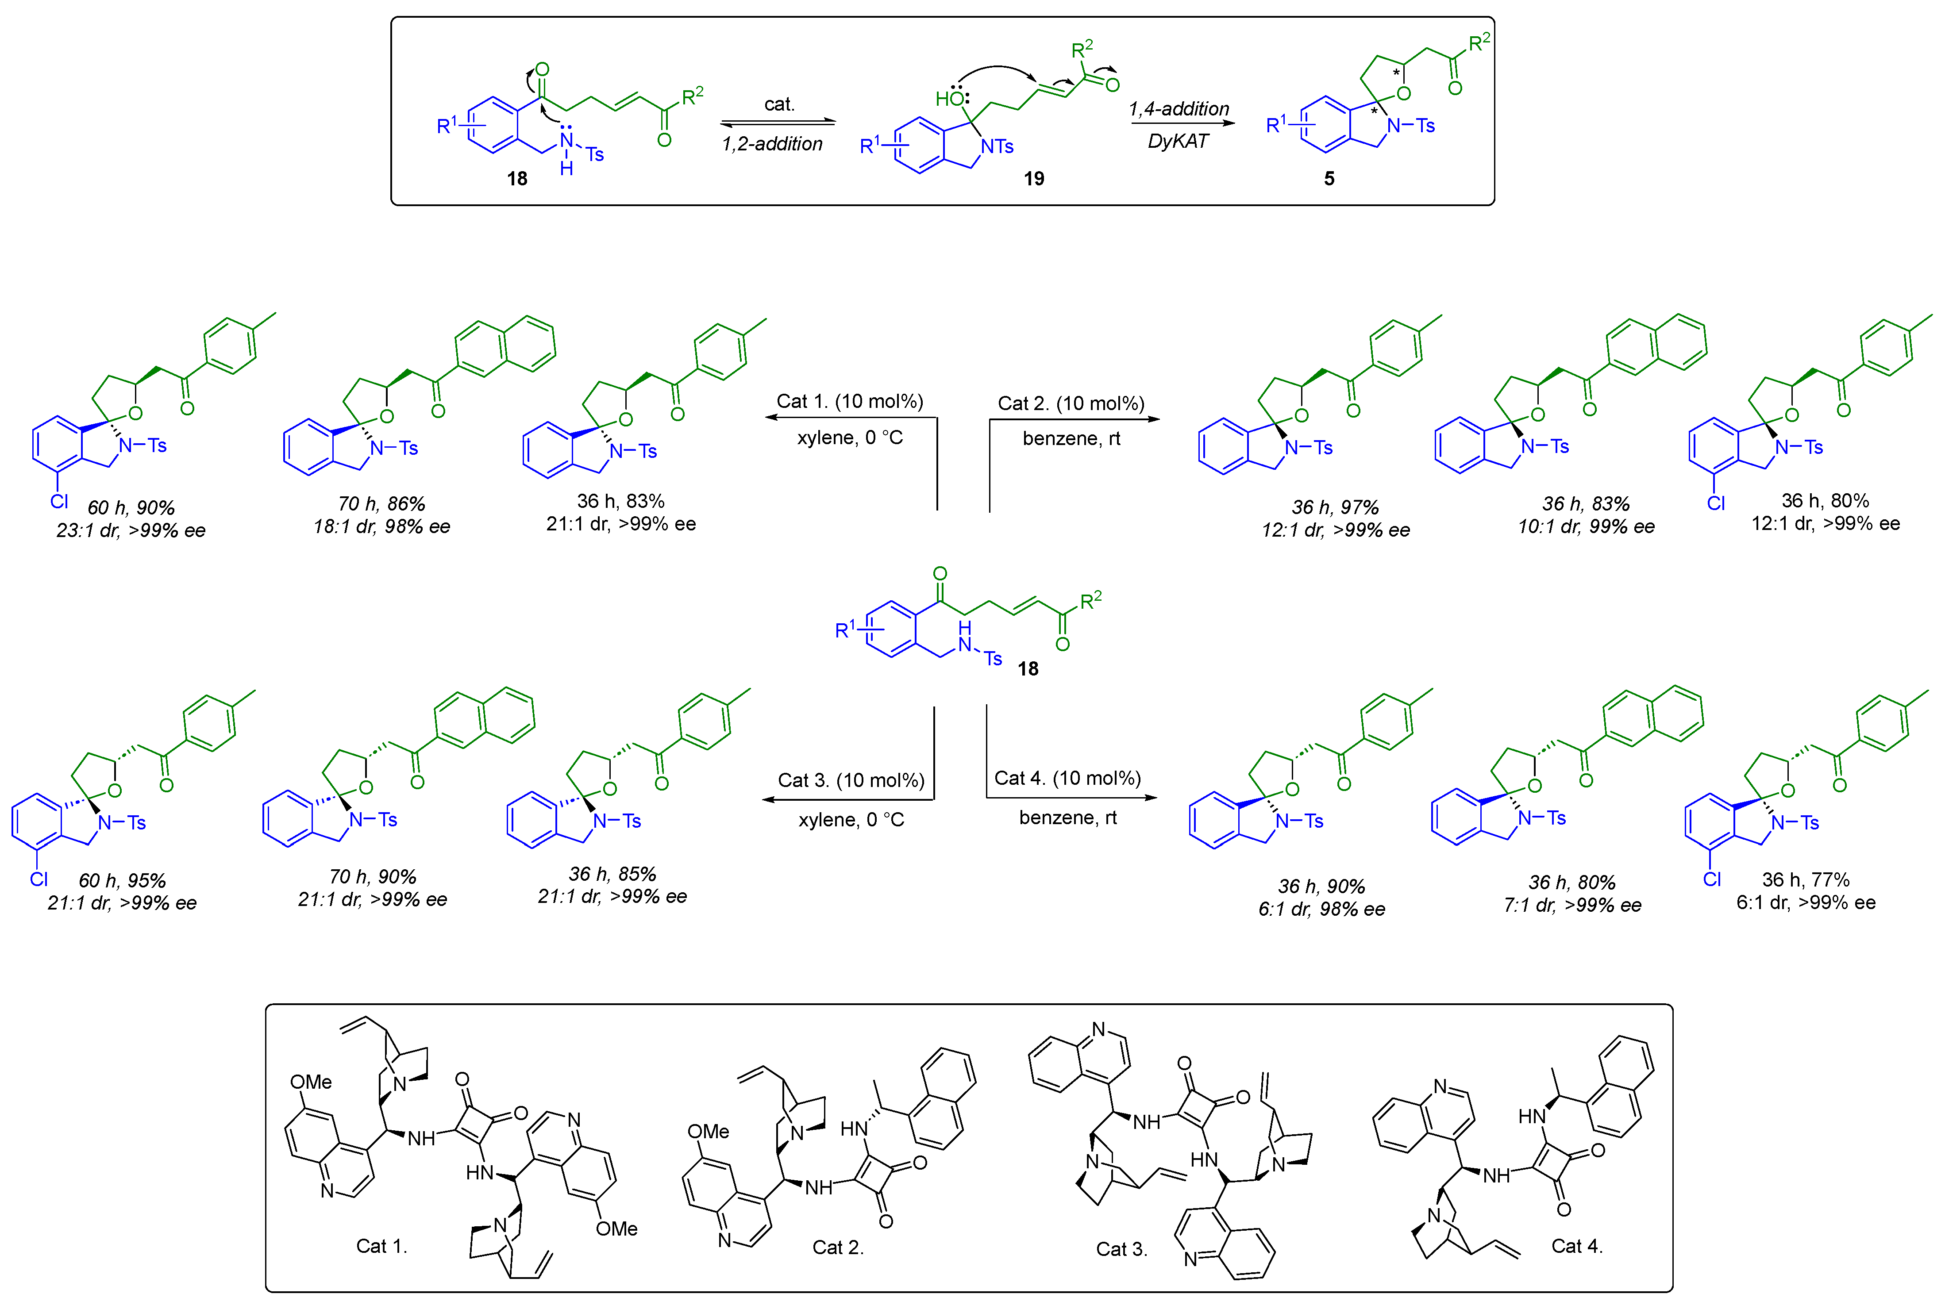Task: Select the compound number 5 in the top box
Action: point(1329,179)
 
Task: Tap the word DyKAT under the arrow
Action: point(1178,141)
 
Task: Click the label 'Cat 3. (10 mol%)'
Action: point(851,780)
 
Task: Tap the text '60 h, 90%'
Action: point(131,507)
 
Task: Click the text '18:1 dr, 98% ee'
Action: point(381,527)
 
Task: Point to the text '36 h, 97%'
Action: point(1335,507)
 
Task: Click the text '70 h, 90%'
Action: point(373,876)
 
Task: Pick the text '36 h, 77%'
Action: point(1806,880)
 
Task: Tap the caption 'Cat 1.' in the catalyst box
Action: point(381,1246)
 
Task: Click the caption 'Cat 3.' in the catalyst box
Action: point(1121,1249)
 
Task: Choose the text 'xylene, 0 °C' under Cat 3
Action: point(851,820)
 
